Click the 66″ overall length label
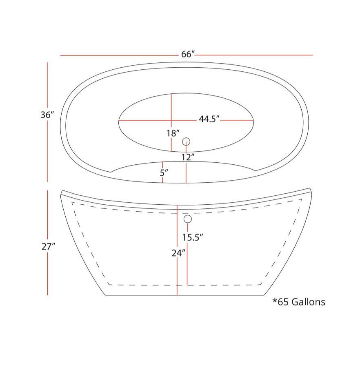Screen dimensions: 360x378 click(x=188, y=54)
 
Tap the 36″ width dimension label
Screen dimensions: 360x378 click(x=47, y=115)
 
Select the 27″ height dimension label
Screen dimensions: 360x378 click(x=48, y=247)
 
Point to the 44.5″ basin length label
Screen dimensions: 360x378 click(x=209, y=119)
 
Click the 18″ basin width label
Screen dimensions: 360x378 click(x=173, y=133)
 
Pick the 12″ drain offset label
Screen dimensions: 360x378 click(x=188, y=157)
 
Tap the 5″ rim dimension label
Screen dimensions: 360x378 click(x=164, y=172)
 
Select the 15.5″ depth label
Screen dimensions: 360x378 click(x=192, y=237)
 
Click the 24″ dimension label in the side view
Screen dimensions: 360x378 click(x=178, y=253)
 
